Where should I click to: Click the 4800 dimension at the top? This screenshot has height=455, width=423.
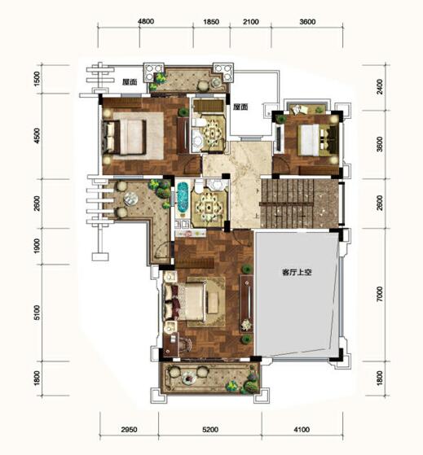146,22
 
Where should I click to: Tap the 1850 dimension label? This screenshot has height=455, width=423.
211,22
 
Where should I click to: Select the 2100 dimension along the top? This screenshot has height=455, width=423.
251,22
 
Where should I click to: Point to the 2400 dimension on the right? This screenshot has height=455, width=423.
380,86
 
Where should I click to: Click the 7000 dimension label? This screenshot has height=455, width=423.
380,294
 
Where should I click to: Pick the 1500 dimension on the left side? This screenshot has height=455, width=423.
37,79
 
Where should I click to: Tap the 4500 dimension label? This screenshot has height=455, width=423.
37,136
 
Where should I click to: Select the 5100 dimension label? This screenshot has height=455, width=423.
37,313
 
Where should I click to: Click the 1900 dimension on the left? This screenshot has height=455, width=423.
37,246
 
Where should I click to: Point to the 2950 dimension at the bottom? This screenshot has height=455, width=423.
129,430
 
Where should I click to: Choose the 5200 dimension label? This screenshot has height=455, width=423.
210,430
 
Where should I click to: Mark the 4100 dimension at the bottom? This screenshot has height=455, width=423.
302,430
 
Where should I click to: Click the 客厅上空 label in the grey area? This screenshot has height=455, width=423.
297,273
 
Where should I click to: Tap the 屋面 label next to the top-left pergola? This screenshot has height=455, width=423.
130,82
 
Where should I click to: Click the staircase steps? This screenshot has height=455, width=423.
288,203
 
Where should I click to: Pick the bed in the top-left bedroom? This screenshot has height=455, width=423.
124,137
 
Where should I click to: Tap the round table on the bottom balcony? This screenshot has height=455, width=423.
189,378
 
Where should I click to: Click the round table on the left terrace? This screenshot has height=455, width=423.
130,199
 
